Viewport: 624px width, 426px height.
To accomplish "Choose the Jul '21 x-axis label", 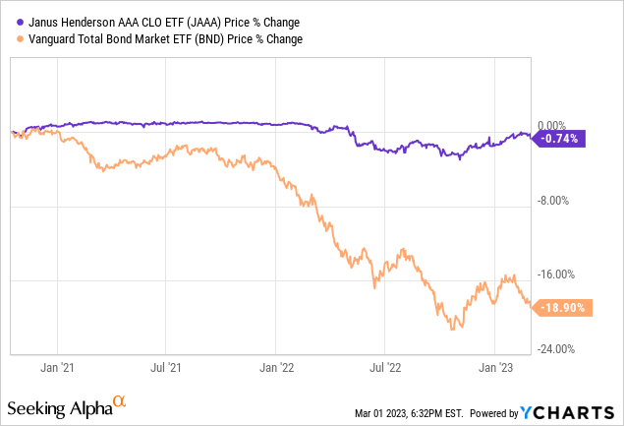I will pos(166,367).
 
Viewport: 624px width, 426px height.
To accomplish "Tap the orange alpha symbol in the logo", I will pos(120,401).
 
